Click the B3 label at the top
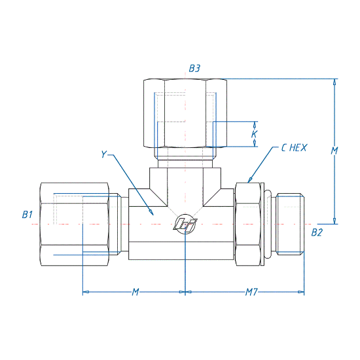(x=194, y=69)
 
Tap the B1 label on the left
(x=27, y=215)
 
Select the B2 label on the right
(x=317, y=232)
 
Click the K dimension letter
(x=254, y=134)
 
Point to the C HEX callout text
(x=294, y=148)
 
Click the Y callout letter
(x=104, y=154)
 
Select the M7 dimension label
(x=251, y=292)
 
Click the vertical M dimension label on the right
(x=334, y=151)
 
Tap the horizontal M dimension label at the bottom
(x=135, y=292)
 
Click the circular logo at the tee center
(x=185, y=224)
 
